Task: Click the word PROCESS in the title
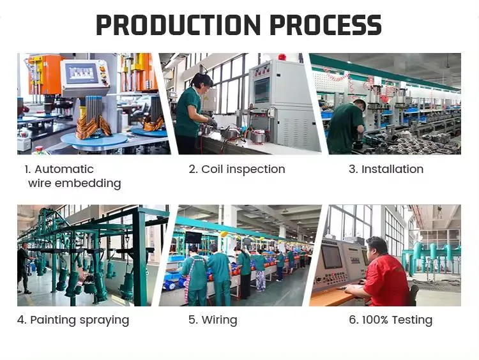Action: [326, 26]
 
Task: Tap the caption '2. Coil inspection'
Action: [236, 169]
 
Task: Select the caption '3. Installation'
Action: [386, 169]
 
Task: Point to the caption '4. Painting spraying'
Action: [73, 320]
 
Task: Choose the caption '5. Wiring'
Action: [212, 320]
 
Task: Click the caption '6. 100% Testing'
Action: [390, 320]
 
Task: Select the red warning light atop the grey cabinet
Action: [282, 57]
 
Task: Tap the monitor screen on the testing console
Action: [332, 256]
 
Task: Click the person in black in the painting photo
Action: [23, 267]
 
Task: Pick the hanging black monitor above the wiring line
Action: [193, 238]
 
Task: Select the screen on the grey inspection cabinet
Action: [262, 89]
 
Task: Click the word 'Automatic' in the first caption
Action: [64, 169]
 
